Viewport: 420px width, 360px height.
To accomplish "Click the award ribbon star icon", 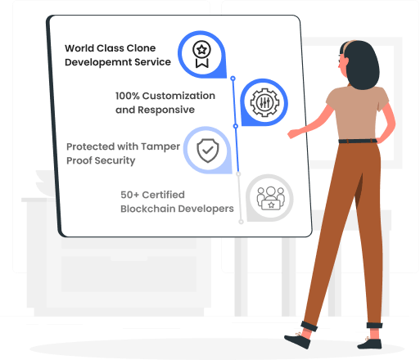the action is point(201,54).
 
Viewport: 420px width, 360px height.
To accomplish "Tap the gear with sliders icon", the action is point(264,102).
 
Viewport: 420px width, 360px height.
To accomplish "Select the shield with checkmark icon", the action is point(208,151).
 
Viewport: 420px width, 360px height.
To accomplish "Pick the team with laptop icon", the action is point(271,198).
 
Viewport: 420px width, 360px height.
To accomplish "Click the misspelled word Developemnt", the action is point(98,62).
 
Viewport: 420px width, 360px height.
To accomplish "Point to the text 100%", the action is point(128,96).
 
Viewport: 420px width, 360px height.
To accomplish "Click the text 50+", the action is point(130,195).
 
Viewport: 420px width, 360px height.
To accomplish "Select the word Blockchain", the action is point(147,209).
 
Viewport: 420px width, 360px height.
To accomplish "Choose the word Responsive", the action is point(166,110).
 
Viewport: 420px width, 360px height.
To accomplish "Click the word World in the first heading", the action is point(79,48).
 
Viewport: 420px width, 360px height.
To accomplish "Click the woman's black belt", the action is point(358,141).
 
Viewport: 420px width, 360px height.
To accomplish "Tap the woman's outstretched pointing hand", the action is point(293,133).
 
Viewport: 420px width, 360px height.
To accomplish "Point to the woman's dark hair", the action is point(361,64).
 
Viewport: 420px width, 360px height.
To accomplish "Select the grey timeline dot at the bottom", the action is point(241,222).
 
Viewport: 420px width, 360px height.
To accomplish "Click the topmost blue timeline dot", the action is point(233,79).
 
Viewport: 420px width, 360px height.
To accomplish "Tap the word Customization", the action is point(178,96).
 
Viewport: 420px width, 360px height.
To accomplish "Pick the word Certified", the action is point(164,195).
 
